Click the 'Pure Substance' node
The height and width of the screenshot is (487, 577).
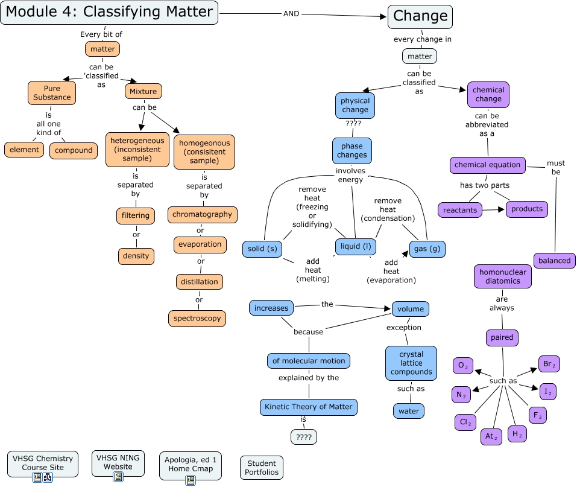[52, 93]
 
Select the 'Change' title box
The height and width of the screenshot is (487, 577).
[420, 16]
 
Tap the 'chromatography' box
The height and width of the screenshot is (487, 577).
[202, 214]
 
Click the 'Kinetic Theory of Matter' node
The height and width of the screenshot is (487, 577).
[309, 407]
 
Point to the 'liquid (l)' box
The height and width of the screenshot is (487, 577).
[356, 246]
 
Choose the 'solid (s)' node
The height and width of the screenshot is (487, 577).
[262, 249]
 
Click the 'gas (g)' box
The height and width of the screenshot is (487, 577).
[427, 249]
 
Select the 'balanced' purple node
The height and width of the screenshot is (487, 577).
[554, 260]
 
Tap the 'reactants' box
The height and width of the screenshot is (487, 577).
[460, 210]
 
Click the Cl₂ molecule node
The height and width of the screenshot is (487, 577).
[465, 422]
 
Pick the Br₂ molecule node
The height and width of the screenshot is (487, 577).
[549, 364]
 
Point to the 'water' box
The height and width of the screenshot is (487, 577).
[409, 411]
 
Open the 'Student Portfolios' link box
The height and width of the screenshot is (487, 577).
[262, 468]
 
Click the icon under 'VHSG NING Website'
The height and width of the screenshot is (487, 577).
[118, 477]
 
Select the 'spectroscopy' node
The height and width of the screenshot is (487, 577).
[197, 318]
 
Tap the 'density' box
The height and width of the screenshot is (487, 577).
[136, 256]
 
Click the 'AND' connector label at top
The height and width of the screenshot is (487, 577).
[291, 13]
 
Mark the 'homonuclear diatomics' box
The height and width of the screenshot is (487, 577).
[502, 276]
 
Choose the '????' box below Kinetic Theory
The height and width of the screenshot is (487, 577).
[303, 437]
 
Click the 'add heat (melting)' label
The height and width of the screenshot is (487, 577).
[312, 270]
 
